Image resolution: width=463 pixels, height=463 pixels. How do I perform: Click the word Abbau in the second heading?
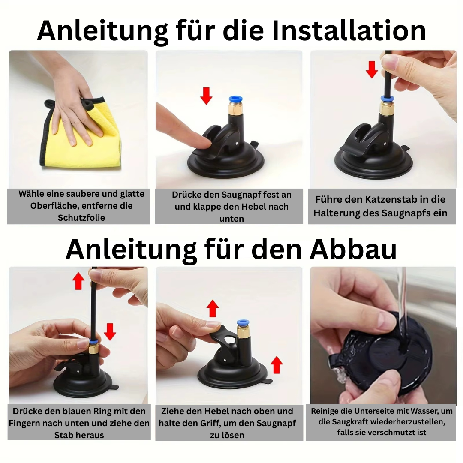tap(352, 249)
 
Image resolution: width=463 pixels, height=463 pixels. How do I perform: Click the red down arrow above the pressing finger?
tap(206, 96)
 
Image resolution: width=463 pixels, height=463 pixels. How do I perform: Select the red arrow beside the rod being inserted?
tap(372, 69)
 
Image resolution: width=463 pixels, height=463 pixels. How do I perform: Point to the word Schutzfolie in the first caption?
tap(81, 218)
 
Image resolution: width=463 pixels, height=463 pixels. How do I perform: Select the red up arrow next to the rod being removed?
tap(78, 281)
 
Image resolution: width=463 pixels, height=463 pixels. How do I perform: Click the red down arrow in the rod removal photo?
tap(110, 331)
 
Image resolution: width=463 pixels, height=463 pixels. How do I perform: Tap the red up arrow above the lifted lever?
tap(213, 308)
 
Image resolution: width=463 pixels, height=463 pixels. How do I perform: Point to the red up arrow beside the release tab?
tap(277, 364)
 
